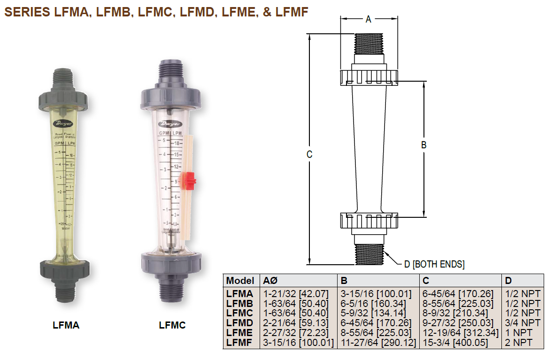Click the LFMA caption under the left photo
tap(66, 325)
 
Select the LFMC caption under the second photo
tap(172, 325)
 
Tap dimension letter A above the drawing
tap(369, 19)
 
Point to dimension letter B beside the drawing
tap(423, 146)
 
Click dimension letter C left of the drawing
tap(309, 154)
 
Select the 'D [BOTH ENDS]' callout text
tap(434, 265)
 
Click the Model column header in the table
tap(240, 281)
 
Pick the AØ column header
tap(270, 281)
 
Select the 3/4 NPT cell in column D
tap(523, 323)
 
